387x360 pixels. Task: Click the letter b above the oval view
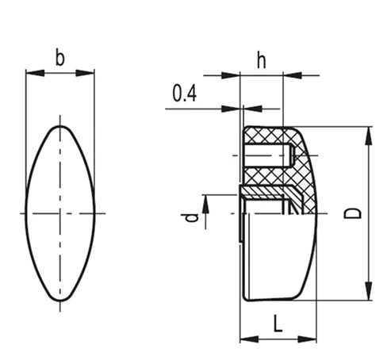click(59, 57)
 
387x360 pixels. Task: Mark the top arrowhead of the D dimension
click(367, 133)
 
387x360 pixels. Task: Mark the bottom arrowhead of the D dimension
click(367, 295)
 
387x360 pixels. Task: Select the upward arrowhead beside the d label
click(205, 204)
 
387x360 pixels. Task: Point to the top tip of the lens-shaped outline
click(60, 126)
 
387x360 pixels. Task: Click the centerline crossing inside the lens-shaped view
click(60, 213)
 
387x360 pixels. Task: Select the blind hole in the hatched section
click(270, 151)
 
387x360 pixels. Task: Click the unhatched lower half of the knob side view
click(278, 258)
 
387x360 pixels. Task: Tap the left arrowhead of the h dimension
click(245, 77)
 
